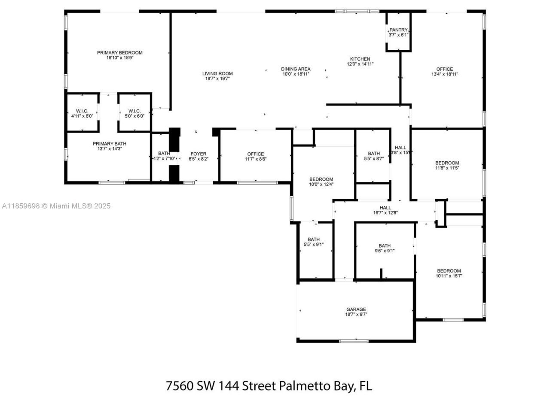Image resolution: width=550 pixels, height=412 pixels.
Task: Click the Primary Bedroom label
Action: point(119,53)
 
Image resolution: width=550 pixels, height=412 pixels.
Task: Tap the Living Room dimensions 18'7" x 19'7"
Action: point(217,79)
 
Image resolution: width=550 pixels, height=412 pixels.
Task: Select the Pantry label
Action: point(398,30)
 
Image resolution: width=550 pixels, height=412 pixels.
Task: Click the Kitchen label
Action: point(360,59)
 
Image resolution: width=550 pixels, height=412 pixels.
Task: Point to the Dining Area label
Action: point(296,69)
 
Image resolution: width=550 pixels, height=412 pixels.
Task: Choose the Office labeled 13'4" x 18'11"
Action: point(444,69)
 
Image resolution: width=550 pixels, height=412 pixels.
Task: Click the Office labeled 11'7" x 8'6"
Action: point(255,154)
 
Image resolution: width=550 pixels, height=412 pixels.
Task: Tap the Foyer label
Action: point(198,154)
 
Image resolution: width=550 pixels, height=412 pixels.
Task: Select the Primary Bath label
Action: point(110,144)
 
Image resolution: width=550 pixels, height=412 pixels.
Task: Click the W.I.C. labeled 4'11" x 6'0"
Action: point(82,111)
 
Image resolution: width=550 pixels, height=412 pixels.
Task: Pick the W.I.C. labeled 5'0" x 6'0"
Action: point(134,111)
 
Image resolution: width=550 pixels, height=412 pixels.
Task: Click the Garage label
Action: point(356,309)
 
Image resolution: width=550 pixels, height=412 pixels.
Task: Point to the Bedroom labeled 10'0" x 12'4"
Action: point(321,179)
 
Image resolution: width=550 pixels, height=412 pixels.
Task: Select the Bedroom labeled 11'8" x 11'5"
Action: point(447,163)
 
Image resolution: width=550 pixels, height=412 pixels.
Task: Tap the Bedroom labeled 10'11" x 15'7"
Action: point(449,271)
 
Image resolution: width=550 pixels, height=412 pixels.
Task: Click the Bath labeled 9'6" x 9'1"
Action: point(385,246)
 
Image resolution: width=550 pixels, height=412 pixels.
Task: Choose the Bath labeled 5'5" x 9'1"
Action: point(313,239)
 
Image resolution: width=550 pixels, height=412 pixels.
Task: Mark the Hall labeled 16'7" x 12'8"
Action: point(385,208)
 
